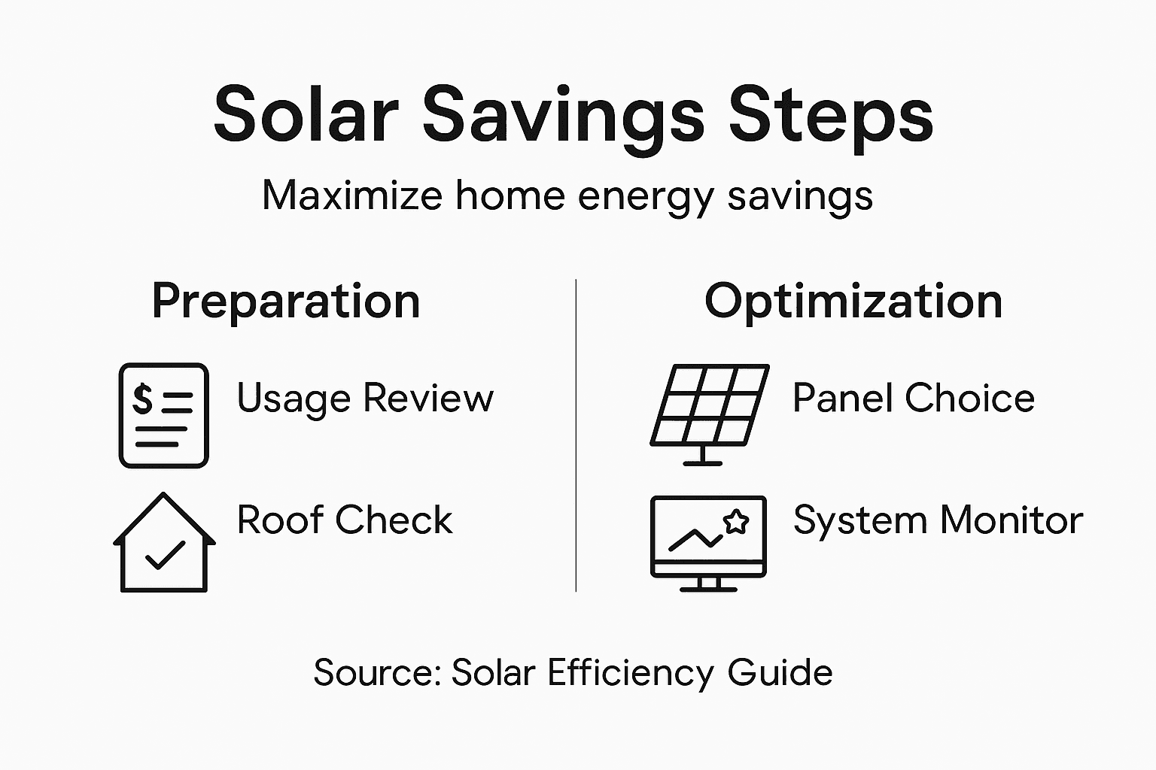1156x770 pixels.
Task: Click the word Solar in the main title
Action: tap(306, 114)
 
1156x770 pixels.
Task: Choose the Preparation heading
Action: tap(286, 302)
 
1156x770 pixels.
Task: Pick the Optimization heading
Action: tap(853, 302)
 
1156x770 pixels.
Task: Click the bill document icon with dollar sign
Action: tap(163, 415)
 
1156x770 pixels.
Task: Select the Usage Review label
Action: tap(365, 398)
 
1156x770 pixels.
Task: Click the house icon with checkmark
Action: tap(164, 543)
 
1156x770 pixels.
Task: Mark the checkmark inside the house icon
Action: tap(165, 555)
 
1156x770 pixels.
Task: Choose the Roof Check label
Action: tap(345, 520)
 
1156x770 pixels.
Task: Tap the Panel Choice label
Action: tap(914, 398)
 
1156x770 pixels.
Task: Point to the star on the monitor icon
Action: tap(735, 521)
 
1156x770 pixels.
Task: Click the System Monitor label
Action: tap(938, 520)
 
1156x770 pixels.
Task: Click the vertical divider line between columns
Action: tap(576, 436)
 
